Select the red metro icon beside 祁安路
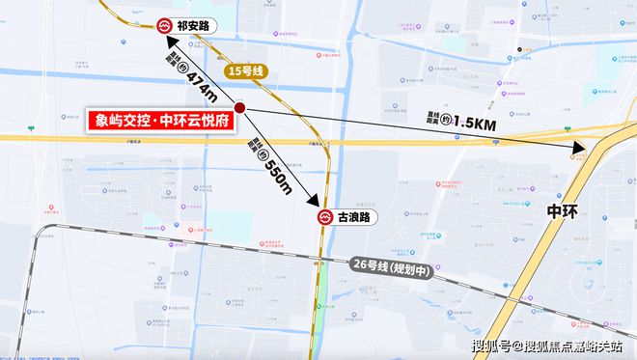tap(163, 24)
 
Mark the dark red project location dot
tap(240, 108)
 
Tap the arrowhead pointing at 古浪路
tap(315, 202)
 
